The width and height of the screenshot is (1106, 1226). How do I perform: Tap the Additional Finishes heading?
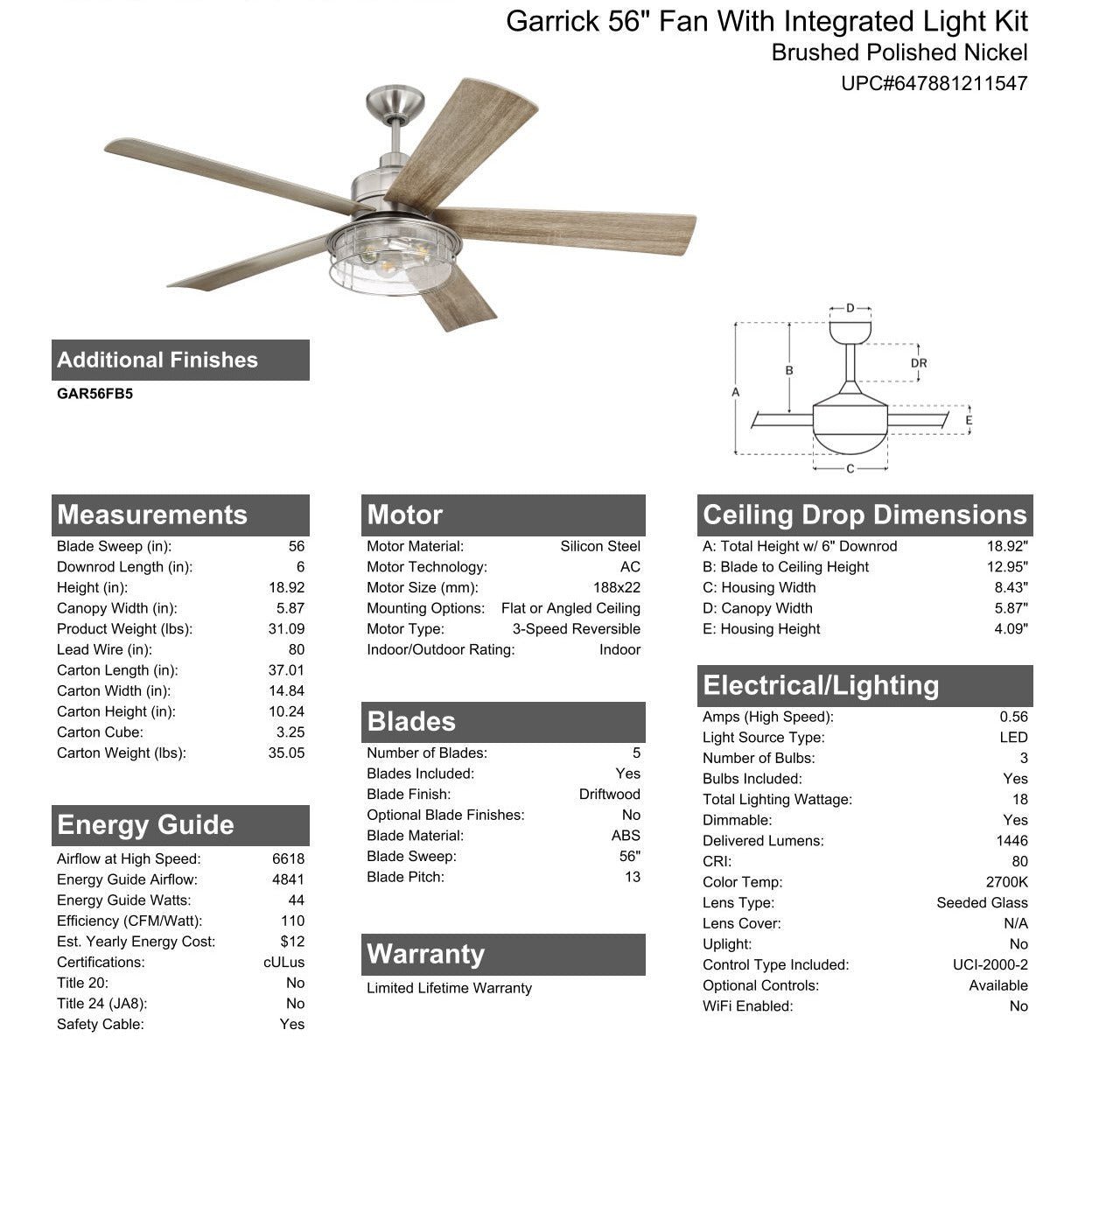coord(157,360)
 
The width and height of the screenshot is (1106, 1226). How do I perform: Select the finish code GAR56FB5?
coord(94,394)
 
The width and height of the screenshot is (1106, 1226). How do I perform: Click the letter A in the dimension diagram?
coord(736,392)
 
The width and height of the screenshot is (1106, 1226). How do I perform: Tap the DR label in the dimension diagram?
coord(919,363)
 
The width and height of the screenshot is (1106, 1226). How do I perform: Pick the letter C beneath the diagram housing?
coord(850,469)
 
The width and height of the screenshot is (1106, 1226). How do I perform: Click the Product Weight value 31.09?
coord(286,629)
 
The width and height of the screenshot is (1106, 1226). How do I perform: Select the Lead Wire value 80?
coord(297,649)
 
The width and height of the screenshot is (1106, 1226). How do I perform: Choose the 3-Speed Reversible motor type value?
coord(576,629)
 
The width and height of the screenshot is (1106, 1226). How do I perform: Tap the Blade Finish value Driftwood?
coord(609,795)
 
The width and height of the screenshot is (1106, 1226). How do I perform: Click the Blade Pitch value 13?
coord(632,877)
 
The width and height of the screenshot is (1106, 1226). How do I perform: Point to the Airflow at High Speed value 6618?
coord(288,859)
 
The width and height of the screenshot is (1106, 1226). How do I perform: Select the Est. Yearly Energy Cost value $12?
coord(292,942)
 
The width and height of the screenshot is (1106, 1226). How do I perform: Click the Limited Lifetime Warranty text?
coord(449,988)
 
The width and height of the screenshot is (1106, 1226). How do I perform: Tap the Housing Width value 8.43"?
coord(1011,588)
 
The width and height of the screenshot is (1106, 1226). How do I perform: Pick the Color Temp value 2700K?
coord(1006,882)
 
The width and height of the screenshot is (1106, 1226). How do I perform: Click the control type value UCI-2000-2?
coord(990,964)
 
